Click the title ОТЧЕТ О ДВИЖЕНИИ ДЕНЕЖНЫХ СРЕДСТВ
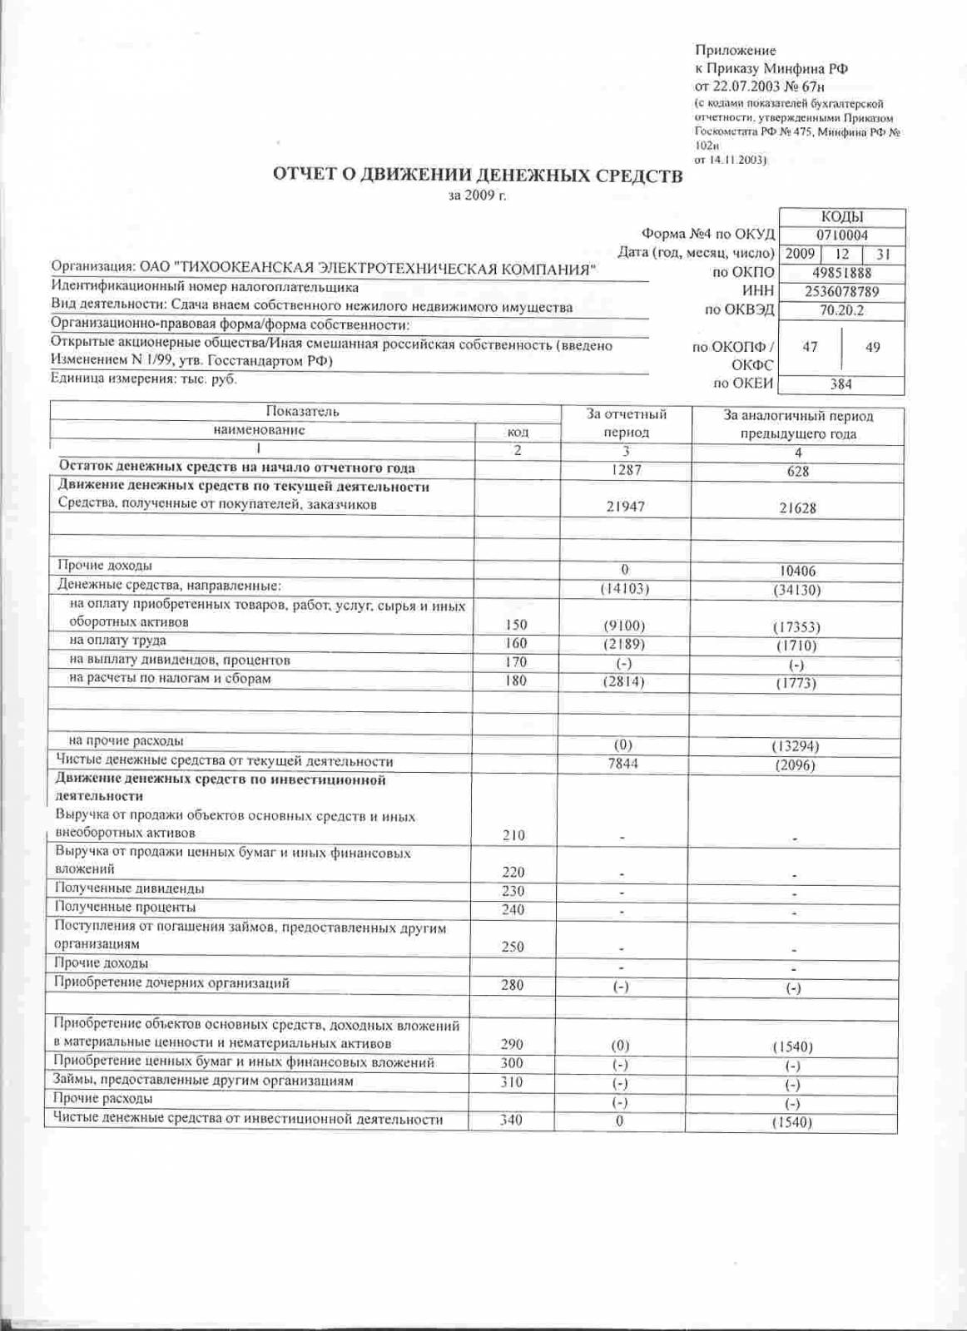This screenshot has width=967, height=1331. click(x=478, y=176)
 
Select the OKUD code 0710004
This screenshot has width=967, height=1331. click(x=841, y=235)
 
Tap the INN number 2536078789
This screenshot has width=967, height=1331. click(x=841, y=291)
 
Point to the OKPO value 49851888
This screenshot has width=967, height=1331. click(x=841, y=273)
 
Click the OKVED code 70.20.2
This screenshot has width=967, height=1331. click(x=841, y=310)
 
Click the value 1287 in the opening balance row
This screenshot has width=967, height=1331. click(x=625, y=469)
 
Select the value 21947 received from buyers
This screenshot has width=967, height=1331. click(x=625, y=507)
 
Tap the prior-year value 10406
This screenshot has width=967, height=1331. click(x=797, y=571)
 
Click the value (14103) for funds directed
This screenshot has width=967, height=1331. click(x=624, y=589)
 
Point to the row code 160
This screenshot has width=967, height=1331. click(x=516, y=643)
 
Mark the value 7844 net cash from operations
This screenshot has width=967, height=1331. click(x=623, y=763)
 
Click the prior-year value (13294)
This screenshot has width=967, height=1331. click(x=795, y=746)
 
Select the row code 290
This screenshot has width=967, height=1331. click(x=513, y=1044)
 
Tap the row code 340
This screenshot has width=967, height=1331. click(x=511, y=1120)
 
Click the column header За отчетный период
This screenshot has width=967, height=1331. click(x=626, y=423)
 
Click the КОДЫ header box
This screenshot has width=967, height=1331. click(x=841, y=217)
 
